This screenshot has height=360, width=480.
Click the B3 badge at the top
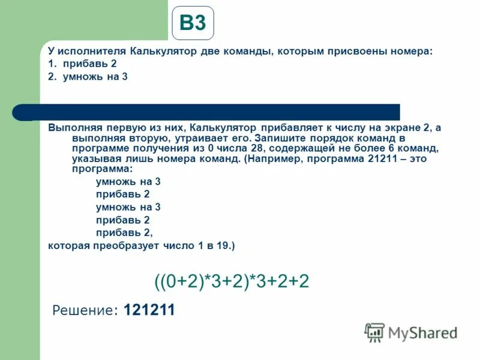pos(193,23)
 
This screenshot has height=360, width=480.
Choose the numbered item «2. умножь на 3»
pos(88,77)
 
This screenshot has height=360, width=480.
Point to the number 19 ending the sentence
pos(222,246)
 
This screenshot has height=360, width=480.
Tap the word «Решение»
pos(84,310)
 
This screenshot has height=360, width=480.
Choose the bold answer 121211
pos(149,310)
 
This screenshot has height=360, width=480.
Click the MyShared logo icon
pos(375,332)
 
